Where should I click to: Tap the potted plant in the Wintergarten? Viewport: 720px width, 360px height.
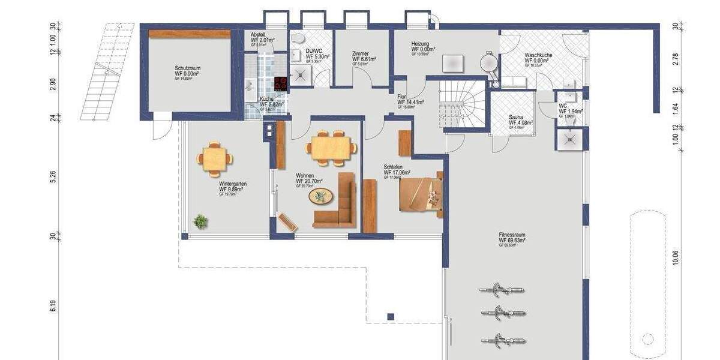click(200, 221)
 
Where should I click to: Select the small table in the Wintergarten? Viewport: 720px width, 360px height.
click(214, 159)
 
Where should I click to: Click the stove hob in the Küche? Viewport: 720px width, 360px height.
click(280, 83)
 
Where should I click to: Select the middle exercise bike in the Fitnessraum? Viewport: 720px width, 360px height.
click(502, 313)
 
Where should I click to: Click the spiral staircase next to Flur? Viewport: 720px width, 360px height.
click(462, 103)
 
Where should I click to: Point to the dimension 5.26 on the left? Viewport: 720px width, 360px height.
click(53, 176)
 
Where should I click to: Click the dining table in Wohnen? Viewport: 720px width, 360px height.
click(329, 148)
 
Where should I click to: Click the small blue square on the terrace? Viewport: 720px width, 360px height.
click(391, 316)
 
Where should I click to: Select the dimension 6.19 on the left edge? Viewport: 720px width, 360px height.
click(53, 305)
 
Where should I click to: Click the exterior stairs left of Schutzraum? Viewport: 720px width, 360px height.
click(108, 72)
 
